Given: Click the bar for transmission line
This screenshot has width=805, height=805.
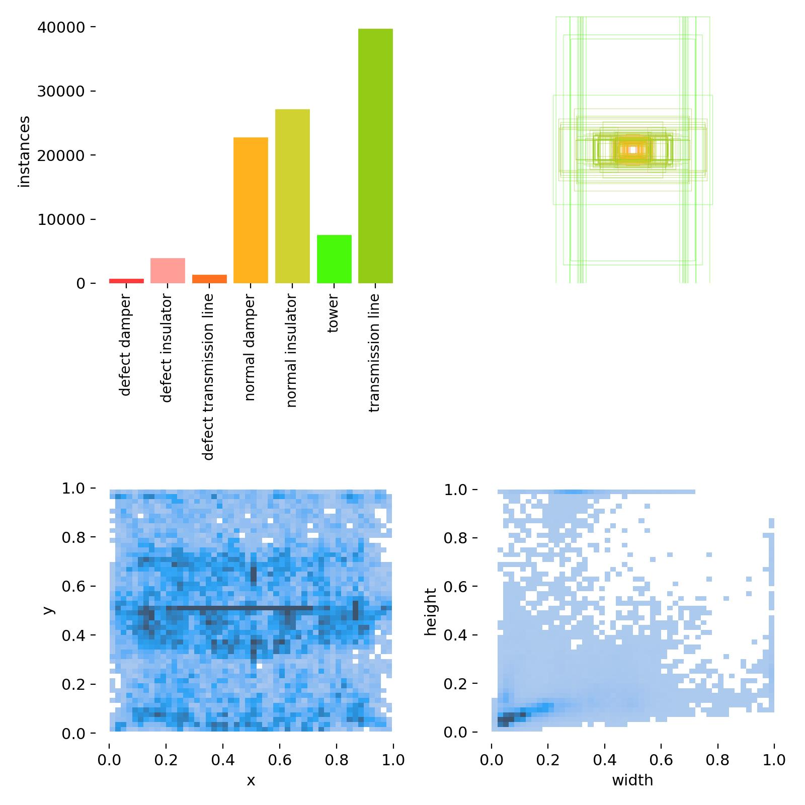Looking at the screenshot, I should pyautogui.click(x=375, y=156).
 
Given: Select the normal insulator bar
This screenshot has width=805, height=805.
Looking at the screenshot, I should pyautogui.click(x=292, y=196).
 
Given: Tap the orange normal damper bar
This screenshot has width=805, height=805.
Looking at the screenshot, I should pyautogui.click(x=251, y=210).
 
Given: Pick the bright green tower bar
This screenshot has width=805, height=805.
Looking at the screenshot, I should pyautogui.click(x=334, y=259).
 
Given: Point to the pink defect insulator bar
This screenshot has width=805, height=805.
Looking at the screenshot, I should pyautogui.click(x=168, y=271).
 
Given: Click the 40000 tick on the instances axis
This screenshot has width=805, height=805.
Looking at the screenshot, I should pyautogui.click(x=60, y=27).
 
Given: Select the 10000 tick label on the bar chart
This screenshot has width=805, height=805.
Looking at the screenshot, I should pyautogui.click(x=60, y=220).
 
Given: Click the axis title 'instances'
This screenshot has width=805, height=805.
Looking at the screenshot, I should pyautogui.click(x=24, y=151).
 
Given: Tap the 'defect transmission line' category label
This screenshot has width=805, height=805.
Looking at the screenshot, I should pyautogui.click(x=208, y=377).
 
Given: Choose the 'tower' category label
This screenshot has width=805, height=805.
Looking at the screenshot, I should pyautogui.click(x=333, y=314).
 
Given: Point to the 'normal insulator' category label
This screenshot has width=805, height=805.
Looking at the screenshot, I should pyautogui.click(x=292, y=351).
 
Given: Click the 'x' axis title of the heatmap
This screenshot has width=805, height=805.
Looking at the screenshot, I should pyautogui.click(x=251, y=780).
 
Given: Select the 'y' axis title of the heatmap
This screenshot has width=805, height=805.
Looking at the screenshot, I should pyautogui.click(x=48, y=610).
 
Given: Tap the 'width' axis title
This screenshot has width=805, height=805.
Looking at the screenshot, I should pyautogui.click(x=632, y=780).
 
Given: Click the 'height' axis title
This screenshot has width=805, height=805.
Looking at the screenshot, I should pyautogui.click(x=431, y=612).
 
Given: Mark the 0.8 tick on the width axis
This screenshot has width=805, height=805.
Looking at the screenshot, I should pyautogui.click(x=717, y=760).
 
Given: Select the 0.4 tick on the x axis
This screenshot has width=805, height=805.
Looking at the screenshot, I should pyautogui.click(x=223, y=760).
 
